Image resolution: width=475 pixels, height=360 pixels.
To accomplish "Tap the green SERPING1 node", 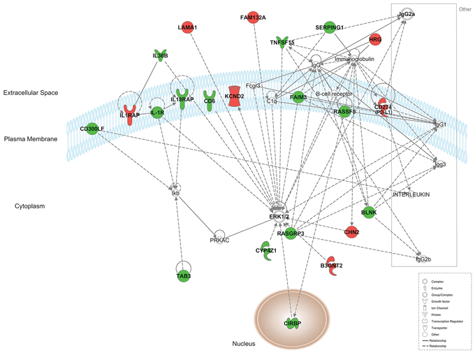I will tap(330, 27).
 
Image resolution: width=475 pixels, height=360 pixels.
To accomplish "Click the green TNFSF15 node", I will tap(282, 43).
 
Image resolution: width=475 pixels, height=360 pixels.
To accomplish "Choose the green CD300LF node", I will tap(92, 129).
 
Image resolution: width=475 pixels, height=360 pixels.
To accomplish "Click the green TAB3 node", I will tap(184, 275).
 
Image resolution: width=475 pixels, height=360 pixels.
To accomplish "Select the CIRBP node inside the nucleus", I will tap(292, 322).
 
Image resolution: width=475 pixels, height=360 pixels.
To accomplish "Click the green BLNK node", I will tap(369, 212).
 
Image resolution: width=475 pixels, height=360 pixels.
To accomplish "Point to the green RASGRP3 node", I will tap(291, 233).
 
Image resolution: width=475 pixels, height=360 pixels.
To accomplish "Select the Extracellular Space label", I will tap(29, 92).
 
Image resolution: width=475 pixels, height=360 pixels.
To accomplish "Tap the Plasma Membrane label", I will tap(30, 139).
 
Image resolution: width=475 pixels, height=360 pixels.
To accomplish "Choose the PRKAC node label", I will tap(220, 240).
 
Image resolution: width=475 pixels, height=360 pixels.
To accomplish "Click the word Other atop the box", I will tap(464, 9).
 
